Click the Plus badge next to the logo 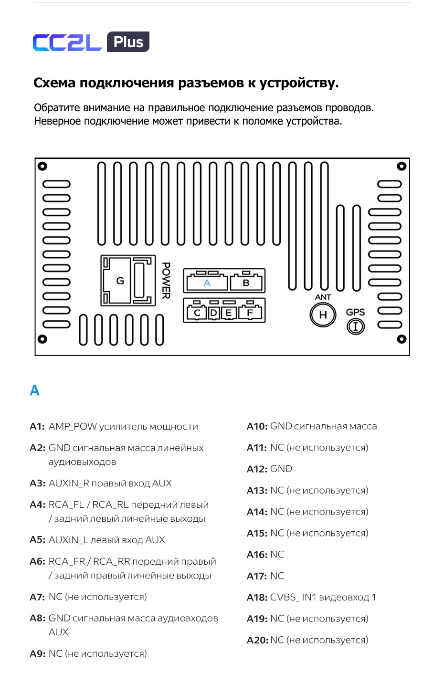coord(128,42)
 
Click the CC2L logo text coord(67,42)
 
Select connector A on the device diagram coord(207,281)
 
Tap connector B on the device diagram coord(246,281)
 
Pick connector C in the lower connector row coord(197,311)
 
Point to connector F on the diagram coord(250,311)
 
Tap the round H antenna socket coord(323,315)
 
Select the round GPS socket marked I coord(356,326)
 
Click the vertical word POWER coord(166,281)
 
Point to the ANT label coord(323,297)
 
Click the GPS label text coord(355,312)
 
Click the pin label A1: coord(38,427)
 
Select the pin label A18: coord(257,598)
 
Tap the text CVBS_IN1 coord(292,597)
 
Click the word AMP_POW coord(73,427)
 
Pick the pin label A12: coord(257,469)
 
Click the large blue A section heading coord(35,390)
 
